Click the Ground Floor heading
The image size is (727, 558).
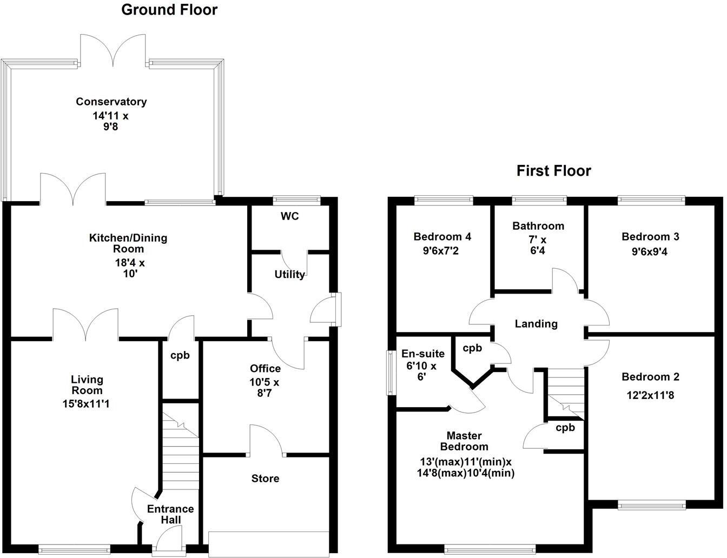(169, 10)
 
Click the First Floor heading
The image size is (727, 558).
(553, 171)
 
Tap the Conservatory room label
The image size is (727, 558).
(111, 102)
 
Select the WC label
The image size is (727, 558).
(289, 217)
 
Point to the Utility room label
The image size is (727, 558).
(289, 275)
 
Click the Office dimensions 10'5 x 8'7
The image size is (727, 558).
(265, 387)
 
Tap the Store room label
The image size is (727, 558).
(266, 479)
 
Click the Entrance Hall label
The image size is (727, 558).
(170, 514)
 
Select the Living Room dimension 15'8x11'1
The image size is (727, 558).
(86, 403)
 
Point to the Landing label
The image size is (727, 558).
(536, 324)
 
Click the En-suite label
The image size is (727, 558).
(423, 354)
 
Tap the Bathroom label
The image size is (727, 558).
(538, 226)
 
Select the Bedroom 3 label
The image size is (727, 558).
(650, 237)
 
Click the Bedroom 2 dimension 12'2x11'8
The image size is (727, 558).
(650, 395)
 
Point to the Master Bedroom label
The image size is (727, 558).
(464, 441)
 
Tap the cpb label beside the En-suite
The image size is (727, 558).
(472, 348)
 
